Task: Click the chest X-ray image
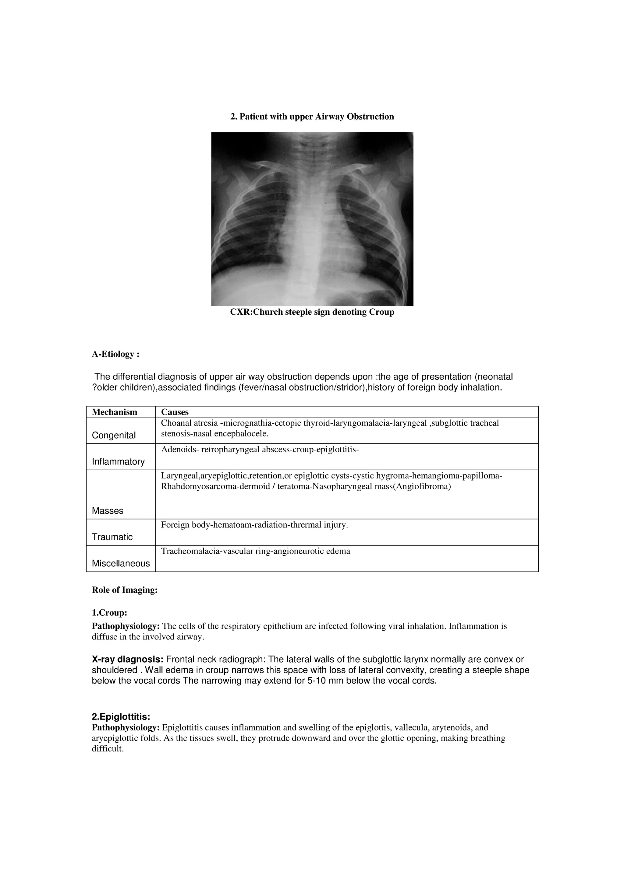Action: [x=312, y=219]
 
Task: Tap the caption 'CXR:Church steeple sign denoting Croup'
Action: [x=312, y=312]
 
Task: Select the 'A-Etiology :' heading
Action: [x=115, y=354]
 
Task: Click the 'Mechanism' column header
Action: [x=115, y=412]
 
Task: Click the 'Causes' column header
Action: [x=175, y=412]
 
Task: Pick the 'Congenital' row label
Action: [x=114, y=435]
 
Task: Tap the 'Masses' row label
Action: [x=108, y=510]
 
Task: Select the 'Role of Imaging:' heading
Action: [x=125, y=590]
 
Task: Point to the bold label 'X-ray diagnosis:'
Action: [x=128, y=660]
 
